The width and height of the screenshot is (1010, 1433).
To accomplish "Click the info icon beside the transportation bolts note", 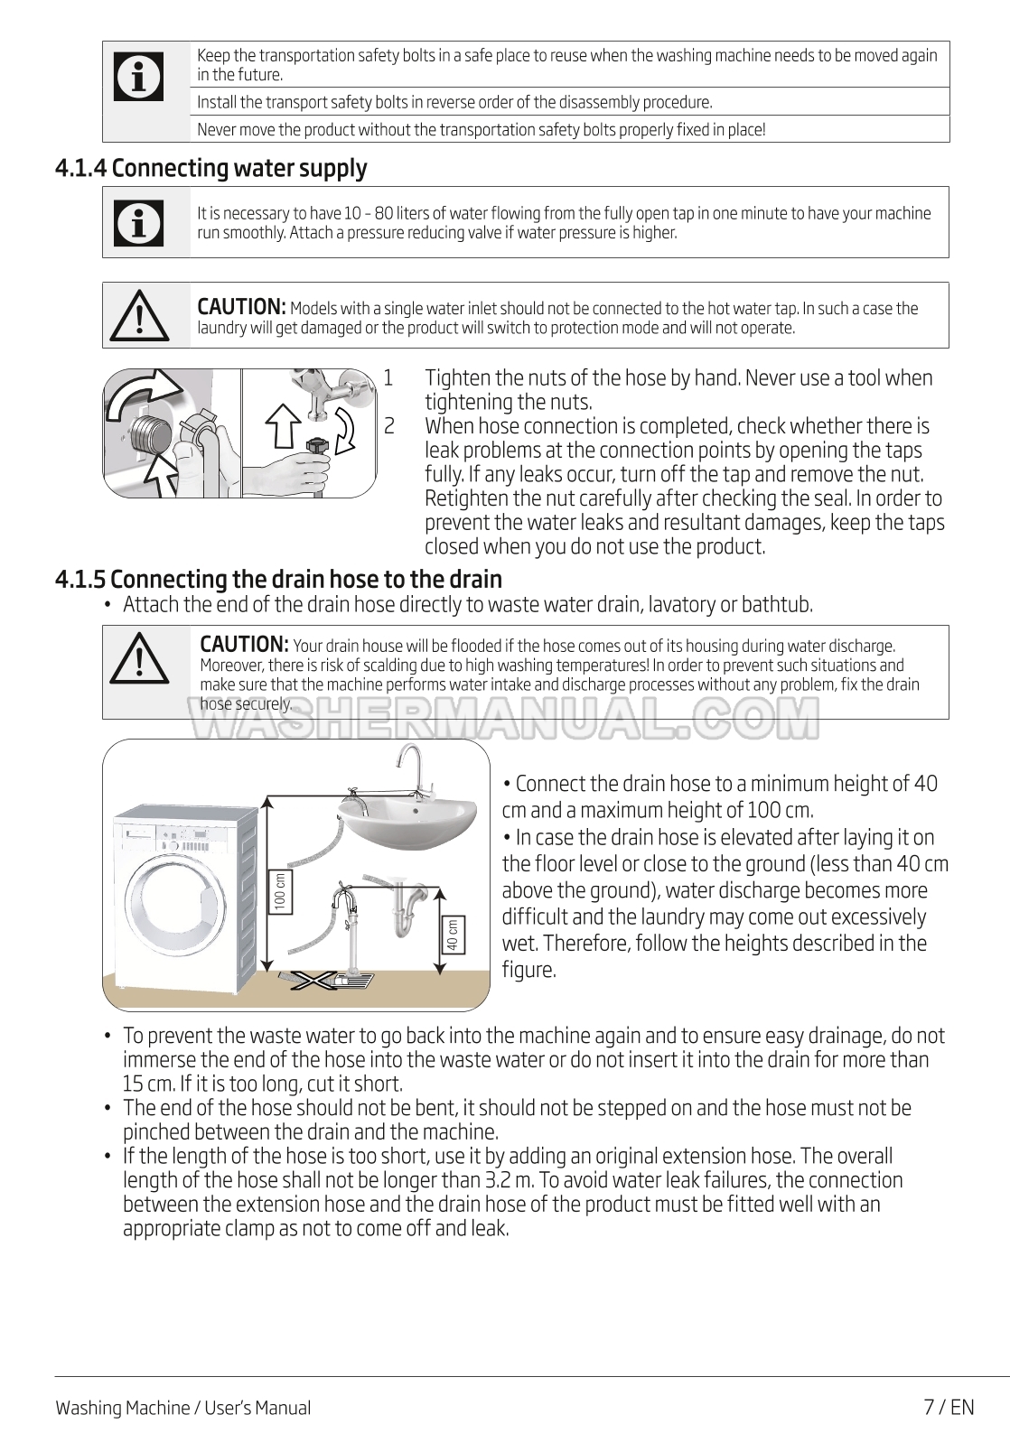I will pos(140,77).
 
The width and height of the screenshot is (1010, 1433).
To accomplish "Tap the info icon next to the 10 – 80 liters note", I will pos(140,222).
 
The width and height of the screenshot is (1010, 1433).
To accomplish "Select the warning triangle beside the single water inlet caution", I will pos(140,315).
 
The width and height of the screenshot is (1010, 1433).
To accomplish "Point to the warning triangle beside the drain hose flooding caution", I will pos(140,660).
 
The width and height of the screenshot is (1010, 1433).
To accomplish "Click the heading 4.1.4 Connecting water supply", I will pos(211,168).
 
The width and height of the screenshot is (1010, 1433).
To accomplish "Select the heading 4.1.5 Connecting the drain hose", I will pos(278,578).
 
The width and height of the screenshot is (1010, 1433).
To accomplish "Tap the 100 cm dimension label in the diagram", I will pos(280,891).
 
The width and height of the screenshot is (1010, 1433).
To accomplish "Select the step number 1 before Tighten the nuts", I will pos(388,377).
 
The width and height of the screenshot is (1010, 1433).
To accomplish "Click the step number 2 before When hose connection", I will pos(388,426).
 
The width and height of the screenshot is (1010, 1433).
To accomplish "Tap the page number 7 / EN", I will pos(949,1407).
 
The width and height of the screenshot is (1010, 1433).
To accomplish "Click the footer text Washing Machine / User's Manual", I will pos(182,1408).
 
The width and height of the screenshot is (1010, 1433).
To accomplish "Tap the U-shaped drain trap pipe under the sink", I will pos(404,912).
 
